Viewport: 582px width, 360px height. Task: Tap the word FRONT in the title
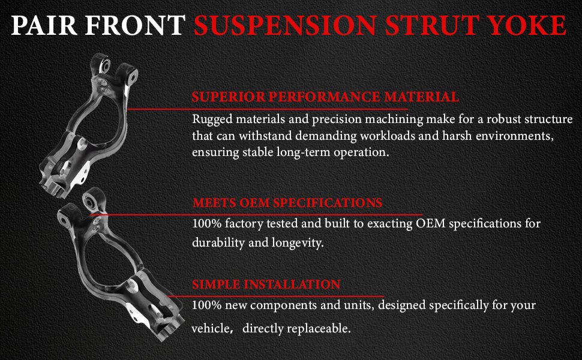click(135, 25)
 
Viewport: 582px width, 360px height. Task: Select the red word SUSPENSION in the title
click(286, 25)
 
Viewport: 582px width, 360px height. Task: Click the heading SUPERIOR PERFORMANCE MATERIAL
click(326, 97)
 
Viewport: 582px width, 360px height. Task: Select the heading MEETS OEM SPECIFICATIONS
click(287, 203)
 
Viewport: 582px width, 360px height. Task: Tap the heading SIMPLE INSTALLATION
click(266, 284)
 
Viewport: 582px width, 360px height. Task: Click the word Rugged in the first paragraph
click(212, 119)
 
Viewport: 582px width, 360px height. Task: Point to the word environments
click(514, 136)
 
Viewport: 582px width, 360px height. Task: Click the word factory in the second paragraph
click(244, 224)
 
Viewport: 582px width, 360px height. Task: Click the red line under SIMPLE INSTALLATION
click(276, 296)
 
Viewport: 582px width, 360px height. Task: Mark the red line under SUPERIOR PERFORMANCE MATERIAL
click(268, 109)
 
